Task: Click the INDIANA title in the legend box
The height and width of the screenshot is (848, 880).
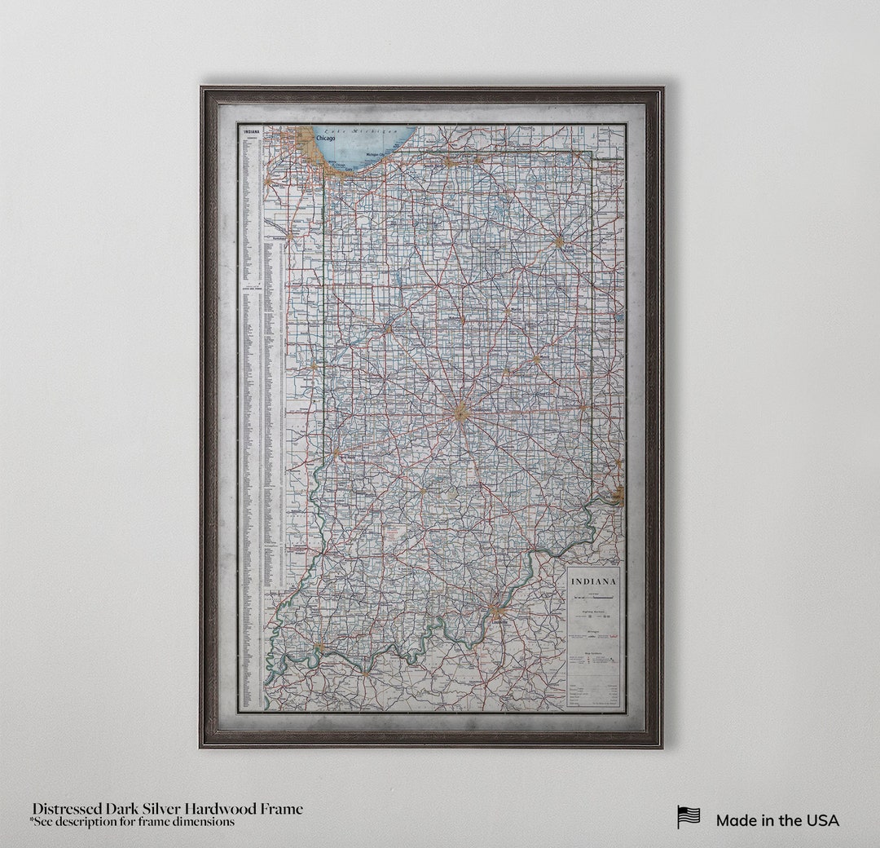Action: point(593,581)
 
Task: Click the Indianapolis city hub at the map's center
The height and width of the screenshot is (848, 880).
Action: point(461,412)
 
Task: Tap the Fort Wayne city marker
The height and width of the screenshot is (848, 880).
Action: point(559,241)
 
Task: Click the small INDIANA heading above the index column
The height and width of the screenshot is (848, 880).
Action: point(249,130)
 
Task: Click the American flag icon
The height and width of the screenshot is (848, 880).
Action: point(689,817)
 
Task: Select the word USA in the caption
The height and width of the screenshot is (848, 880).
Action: point(822,820)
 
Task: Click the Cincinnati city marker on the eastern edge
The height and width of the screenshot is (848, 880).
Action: point(618,492)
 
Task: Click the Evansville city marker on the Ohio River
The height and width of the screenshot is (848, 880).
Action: point(319,648)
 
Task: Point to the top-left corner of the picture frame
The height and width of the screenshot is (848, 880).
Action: point(201,87)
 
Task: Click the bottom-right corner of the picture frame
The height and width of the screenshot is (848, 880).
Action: point(662,746)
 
